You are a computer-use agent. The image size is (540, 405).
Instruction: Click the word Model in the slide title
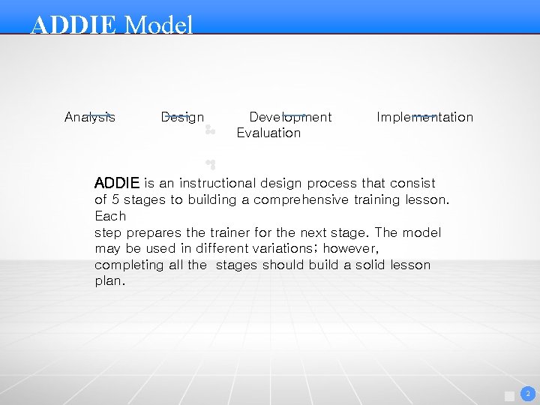pyautogui.click(x=158, y=25)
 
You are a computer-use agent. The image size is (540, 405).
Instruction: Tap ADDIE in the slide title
pyautogui.click(x=73, y=25)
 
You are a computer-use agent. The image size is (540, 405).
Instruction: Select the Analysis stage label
pyautogui.click(x=90, y=117)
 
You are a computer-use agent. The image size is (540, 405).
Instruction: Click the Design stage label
pyautogui.click(x=182, y=117)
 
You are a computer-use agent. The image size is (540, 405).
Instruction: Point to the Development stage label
pyautogui.click(x=290, y=117)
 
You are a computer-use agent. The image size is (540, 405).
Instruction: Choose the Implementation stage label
pyautogui.click(x=424, y=117)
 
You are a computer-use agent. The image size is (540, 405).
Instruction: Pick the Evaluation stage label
pyautogui.click(x=268, y=133)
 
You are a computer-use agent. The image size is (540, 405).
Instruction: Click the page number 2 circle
pyautogui.click(x=526, y=394)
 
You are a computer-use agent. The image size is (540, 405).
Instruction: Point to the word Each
pyautogui.click(x=110, y=216)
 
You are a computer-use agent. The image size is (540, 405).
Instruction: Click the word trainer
pyautogui.click(x=225, y=232)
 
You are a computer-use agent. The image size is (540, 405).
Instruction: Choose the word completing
pyautogui.click(x=129, y=265)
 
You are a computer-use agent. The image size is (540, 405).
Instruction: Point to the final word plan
pyautogui.click(x=109, y=282)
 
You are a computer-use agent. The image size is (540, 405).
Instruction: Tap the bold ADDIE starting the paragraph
pyautogui.click(x=117, y=183)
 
